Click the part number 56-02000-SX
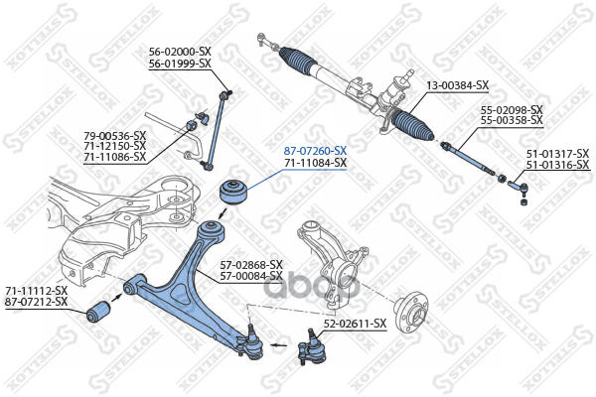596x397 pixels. point(180,52)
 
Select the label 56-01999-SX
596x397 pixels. point(180,64)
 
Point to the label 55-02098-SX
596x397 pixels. point(511,109)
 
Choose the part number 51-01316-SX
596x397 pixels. point(556,164)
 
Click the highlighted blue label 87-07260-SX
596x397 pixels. point(315,150)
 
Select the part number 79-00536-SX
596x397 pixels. point(114,135)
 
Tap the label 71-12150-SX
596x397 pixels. point(114,146)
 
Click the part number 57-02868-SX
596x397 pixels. point(251,264)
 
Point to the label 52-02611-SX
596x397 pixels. point(355,323)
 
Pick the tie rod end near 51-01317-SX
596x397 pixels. point(519,183)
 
